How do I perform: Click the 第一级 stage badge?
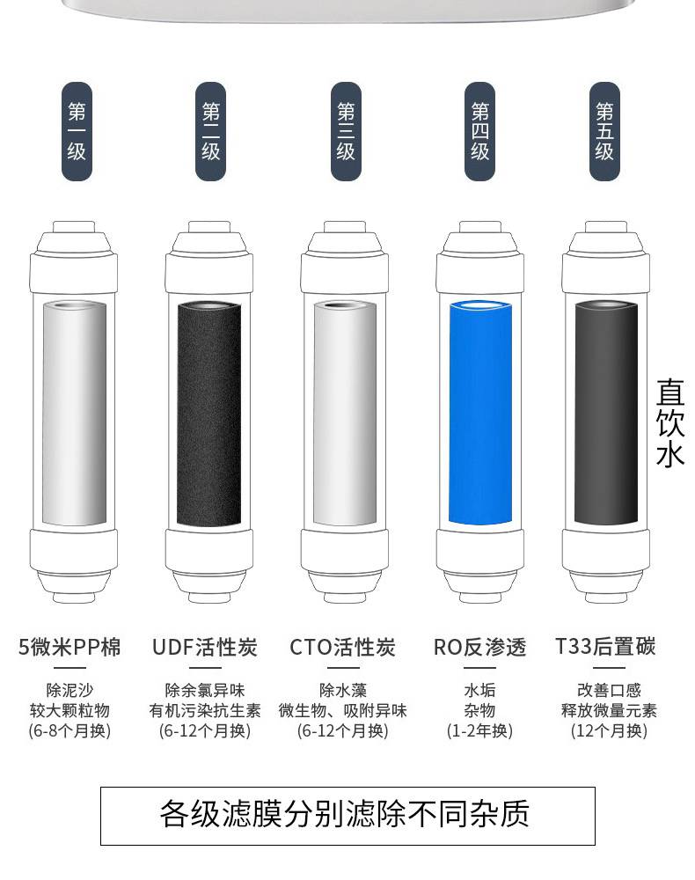click(77, 131)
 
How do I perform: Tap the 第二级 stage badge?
click(210, 131)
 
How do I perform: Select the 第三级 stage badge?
click(346, 131)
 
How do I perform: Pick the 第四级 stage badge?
click(479, 131)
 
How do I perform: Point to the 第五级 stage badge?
click(604, 131)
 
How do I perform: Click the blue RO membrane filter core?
click(480, 413)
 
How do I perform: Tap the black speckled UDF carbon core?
click(209, 414)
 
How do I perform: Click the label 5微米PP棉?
click(69, 647)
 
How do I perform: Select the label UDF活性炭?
click(205, 647)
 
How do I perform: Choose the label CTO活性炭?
click(342, 647)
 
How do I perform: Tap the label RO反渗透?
click(479, 647)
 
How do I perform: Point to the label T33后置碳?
click(605, 647)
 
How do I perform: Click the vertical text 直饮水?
click(670, 423)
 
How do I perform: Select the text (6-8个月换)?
click(69, 730)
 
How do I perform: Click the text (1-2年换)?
click(479, 730)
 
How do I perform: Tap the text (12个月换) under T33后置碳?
click(609, 730)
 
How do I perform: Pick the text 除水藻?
click(343, 690)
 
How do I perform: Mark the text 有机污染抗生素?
click(205, 710)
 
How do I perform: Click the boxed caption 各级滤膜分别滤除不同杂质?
click(347, 816)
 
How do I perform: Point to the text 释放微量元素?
click(609, 710)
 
